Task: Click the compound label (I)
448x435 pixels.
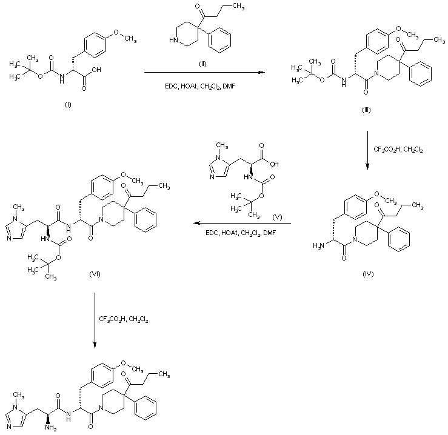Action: coord(68,105)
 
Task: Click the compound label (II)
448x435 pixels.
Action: coord(202,64)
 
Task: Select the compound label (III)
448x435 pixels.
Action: coord(366,110)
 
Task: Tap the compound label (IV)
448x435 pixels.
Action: coord(368,274)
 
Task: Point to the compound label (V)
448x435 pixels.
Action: coord(277,217)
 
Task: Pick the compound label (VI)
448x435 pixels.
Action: coord(95,274)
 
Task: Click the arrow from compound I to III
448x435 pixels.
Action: coord(204,73)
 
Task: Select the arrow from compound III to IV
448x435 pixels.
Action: coord(367,150)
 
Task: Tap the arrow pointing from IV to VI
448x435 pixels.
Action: coord(242,223)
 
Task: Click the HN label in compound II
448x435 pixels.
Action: coord(173,40)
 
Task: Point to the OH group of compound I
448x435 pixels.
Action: coord(96,70)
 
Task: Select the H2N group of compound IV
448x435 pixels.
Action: coord(318,245)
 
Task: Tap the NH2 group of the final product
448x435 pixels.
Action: coord(50,427)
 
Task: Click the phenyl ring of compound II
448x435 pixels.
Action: coord(219,42)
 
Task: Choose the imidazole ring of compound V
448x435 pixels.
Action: coord(219,168)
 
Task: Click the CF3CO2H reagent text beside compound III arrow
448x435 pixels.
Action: coord(386,150)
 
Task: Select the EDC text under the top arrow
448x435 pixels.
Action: coord(171,86)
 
